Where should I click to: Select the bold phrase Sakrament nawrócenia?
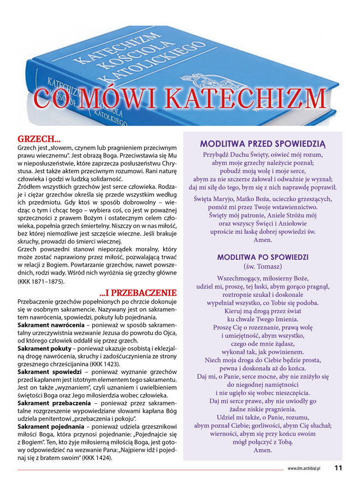(x=47, y=326)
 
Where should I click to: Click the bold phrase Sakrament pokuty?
(x=43, y=349)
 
